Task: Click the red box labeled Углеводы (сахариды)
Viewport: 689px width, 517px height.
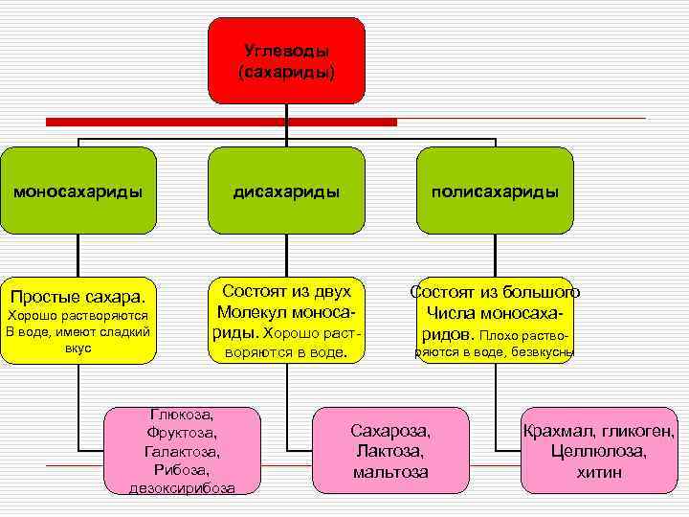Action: click(286, 59)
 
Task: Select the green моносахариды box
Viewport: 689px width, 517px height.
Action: click(78, 191)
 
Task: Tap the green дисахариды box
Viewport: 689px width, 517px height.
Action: click(286, 191)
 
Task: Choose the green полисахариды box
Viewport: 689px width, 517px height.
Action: click(495, 191)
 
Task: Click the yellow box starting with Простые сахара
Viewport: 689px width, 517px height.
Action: click(78, 320)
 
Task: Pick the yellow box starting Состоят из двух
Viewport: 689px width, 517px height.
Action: click(286, 320)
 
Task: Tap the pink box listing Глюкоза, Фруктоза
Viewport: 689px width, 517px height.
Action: click(182, 451)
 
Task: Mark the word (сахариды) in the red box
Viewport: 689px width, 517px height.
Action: click(286, 71)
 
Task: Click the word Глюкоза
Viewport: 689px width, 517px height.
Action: click(182, 415)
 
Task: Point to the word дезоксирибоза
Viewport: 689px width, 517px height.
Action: click(182, 488)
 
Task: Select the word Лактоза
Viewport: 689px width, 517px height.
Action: click(390, 451)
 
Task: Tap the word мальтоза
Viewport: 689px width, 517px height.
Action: click(390, 472)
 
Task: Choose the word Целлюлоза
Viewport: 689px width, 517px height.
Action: click(599, 451)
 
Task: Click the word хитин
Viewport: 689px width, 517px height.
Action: click(599, 472)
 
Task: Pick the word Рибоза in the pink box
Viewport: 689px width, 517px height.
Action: click(182, 470)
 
